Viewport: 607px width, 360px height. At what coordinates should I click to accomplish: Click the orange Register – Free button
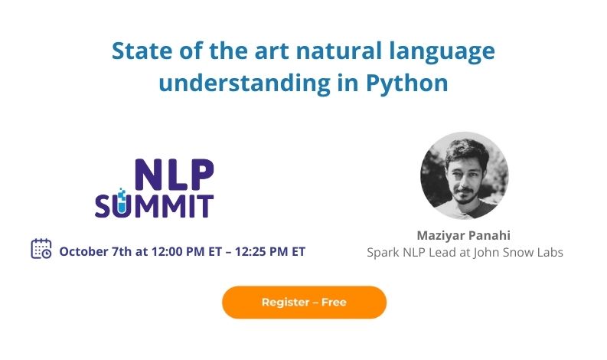coord(305,303)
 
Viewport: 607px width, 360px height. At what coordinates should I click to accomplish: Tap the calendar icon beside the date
coord(41,248)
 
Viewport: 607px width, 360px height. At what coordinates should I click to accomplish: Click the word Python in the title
coord(407,83)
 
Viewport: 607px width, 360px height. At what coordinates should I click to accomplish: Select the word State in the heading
coord(142,51)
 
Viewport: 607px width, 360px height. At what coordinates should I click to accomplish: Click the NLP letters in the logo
coord(175,174)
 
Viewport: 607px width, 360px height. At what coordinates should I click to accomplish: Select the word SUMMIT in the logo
coord(154,205)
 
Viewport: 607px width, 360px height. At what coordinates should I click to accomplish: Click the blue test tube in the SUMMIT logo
coord(122,201)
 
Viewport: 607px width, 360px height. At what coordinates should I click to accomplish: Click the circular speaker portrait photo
coord(464,175)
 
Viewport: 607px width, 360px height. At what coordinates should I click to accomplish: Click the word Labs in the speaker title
coord(552,252)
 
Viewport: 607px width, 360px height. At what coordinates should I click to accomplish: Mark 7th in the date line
coord(122,251)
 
